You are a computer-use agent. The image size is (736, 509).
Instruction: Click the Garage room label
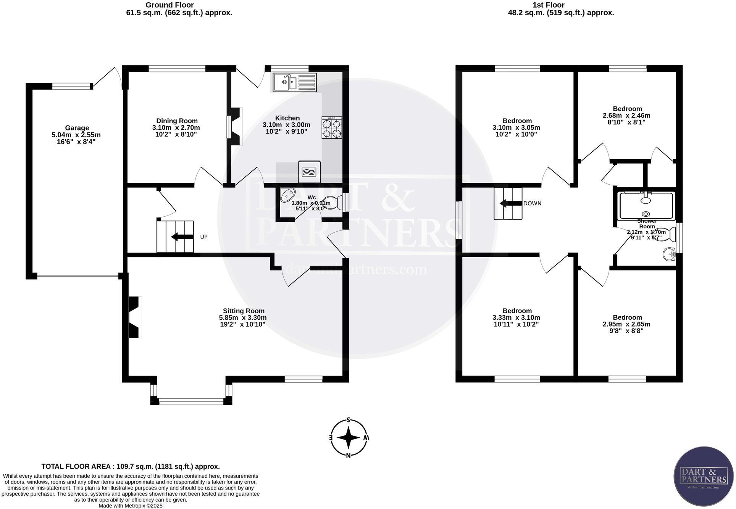coord(77,128)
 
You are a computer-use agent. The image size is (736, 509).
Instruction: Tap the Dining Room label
coord(177,121)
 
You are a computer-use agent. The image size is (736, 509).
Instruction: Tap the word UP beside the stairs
coord(204,237)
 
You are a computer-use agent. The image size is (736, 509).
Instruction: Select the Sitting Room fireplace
coord(135,317)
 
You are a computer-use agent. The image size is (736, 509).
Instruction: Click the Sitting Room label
coord(244,311)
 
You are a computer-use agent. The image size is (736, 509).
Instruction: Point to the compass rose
coord(349,438)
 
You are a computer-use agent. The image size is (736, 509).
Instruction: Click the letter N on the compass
coord(348,455)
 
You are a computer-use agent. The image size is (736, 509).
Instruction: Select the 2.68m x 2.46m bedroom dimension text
coord(626,116)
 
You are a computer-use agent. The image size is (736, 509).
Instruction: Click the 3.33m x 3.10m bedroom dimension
coord(516,317)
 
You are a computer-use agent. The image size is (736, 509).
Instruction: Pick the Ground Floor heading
coord(169,5)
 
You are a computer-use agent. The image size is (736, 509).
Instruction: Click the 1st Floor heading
coord(548,5)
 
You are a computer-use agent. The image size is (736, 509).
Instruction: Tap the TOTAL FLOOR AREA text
coord(131,466)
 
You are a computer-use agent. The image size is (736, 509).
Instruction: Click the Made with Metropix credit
coord(131,506)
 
